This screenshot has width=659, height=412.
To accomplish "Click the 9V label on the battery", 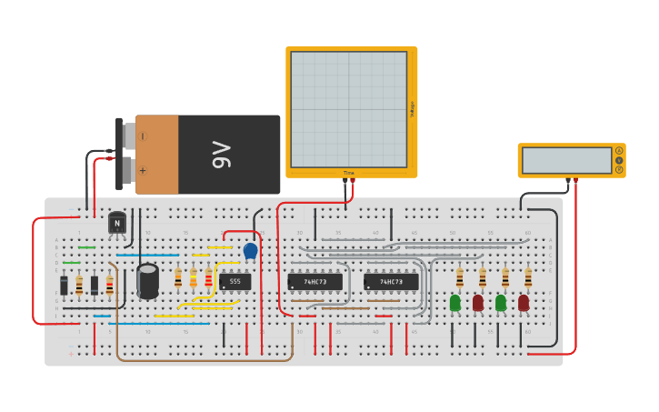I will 221,155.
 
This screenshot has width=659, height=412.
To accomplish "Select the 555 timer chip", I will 235,282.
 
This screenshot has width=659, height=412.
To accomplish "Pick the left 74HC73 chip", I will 315,282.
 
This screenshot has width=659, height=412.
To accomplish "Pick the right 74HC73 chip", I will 391,282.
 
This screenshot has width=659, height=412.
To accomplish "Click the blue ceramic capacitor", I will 250,250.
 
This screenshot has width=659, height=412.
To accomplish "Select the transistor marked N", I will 117,223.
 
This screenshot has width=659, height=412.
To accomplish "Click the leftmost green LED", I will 455,303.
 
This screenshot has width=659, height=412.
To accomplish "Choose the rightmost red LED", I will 524,303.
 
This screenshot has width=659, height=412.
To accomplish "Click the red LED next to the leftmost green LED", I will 478,303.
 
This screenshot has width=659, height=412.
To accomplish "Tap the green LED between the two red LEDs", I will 501,303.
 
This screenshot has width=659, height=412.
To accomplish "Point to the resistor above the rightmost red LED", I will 527,277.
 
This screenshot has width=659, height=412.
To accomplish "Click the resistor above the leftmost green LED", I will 460,277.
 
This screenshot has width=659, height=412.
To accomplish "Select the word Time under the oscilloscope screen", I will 348,173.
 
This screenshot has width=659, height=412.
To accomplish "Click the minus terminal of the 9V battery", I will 142,136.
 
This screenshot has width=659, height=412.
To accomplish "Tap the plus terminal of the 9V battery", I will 142,170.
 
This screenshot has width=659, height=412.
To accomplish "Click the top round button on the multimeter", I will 619,150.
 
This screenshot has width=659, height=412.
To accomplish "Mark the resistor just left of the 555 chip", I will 208,277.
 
